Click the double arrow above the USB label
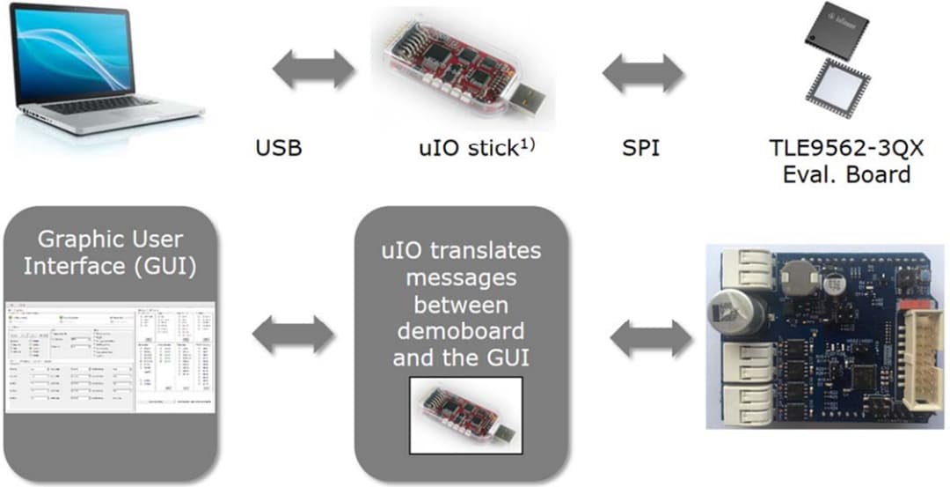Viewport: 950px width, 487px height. (x=312, y=69)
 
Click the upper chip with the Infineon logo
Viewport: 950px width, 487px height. (x=837, y=28)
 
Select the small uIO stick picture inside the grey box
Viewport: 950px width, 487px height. (x=467, y=413)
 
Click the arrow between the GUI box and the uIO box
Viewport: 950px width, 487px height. (x=294, y=334)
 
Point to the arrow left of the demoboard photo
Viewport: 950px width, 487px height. (x=651, y=338)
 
